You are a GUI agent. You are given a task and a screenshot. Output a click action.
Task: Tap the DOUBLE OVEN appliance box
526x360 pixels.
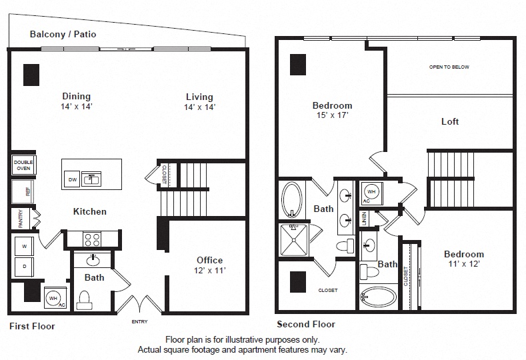[23, 165]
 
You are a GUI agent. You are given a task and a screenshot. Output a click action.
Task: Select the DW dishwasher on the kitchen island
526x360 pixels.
[72, 179]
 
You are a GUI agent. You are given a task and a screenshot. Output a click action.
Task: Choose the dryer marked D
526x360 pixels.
[25, 267]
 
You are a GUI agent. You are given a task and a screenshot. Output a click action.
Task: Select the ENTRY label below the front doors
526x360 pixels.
[139, 321]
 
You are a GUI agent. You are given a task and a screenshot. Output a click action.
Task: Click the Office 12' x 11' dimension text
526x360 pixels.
[209, 271]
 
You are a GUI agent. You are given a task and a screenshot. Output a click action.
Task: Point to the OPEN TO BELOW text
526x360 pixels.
[449, 67]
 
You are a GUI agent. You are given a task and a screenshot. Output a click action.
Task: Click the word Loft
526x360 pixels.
[450, 121]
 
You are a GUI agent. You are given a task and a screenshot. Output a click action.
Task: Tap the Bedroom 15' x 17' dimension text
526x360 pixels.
[332, 115]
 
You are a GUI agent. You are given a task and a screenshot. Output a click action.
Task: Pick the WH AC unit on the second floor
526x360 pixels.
[371, 194]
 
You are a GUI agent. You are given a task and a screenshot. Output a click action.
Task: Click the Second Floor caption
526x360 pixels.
[305, 325]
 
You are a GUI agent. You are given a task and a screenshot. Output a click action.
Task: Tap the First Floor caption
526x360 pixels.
[32, 327]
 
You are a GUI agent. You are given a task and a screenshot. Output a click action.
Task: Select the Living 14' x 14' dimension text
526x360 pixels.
[199, 107]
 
